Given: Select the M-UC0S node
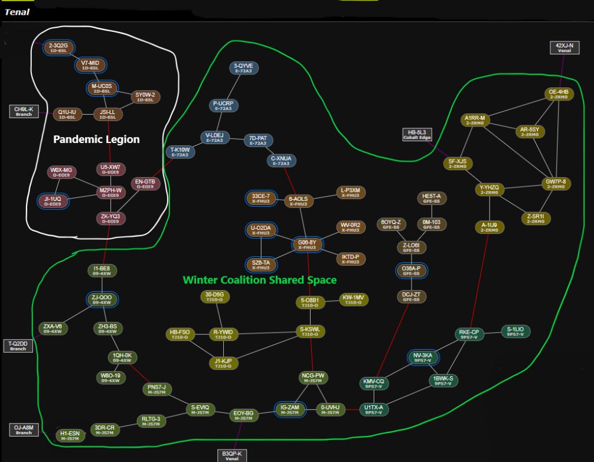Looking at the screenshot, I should pyautogui.click(x=101, y=88).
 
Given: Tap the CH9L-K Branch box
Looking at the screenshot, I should pyautogui.click(x=24, y=111).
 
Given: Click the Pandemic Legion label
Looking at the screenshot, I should pyautogui.click(x=96, y=139).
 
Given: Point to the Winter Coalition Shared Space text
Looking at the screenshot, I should pyautogui.click(x=259, y=279).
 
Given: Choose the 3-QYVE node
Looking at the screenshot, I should pyautogui.click(x=243, y=68).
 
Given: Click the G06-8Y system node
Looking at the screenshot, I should pyautogui.click(x=308, y=245).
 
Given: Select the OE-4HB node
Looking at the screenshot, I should pyautogui.click(x=557, y=94).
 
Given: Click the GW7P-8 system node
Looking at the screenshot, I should pyautogui.click(x=556, y=184).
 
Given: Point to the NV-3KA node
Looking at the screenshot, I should pyautogui.click(x=423, y=357).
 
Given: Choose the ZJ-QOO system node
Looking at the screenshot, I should pyautogui.click(x=102, y=300).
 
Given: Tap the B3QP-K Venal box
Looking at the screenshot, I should pyautogui.click(x=232, y=456).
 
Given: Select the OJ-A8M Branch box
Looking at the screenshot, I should pyautogui.click(x=24, y=429).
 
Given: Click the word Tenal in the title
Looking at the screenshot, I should pyautogui.click(x=17, y=12).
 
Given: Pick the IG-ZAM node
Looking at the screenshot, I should pyautogui.click(x=290, y=409).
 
